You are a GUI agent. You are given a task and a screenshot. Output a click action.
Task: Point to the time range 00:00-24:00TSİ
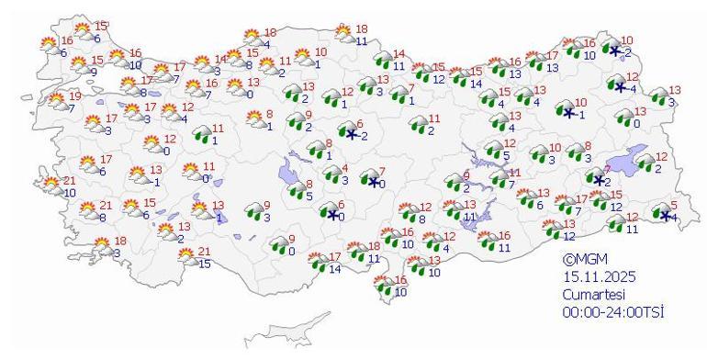click(614, 312)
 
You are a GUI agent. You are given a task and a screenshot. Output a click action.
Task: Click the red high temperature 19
click(75, 96)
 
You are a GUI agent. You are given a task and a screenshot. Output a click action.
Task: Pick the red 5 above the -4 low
click(674, 206)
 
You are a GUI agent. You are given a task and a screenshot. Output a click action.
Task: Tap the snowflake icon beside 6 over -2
click(351, 133)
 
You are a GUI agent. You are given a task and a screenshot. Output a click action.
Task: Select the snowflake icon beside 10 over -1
click(567, 112)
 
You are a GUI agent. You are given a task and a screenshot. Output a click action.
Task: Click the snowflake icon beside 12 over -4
click(620, 86)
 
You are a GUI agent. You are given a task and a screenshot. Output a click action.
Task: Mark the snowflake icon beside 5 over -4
click(666, 216)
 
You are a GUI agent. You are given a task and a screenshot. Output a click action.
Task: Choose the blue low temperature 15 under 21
click(205, 264)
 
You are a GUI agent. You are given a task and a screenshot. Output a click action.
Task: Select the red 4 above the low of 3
click(344, 169)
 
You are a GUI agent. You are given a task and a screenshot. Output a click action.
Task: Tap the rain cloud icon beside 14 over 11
click(384, 61)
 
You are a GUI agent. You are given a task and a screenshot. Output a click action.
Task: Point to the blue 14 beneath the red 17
click(336, 269)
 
